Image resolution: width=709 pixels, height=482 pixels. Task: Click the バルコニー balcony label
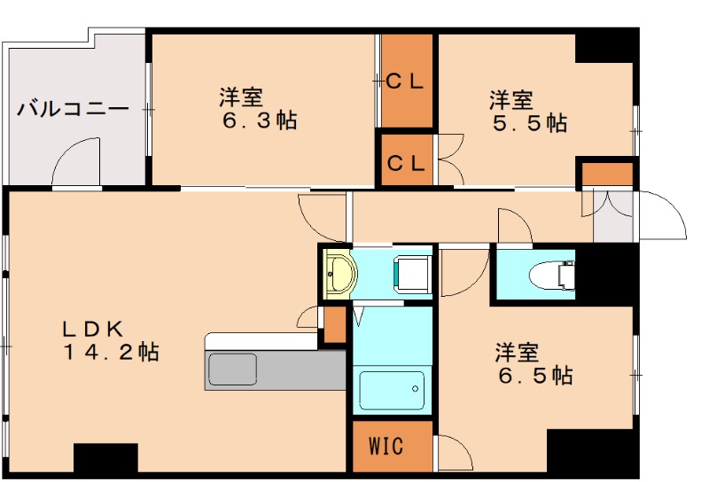(x=73, y=111)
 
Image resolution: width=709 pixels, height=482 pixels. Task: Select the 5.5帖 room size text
(x=530, y=123)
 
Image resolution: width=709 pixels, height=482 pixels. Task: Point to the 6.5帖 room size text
(x=534, y=376)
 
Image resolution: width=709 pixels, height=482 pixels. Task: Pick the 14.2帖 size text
(x=110, y=352)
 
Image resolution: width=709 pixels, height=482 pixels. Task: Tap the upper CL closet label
(x=407, y=82)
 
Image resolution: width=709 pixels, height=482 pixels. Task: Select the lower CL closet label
(x=407, y=163)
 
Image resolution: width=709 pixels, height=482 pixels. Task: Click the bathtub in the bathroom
(x=391, y=390)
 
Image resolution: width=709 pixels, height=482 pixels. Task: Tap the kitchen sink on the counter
(x=231, y=369)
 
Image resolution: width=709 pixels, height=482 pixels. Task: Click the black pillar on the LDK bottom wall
(x=105, y=458)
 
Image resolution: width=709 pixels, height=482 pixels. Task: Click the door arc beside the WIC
(x=456, y=452)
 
